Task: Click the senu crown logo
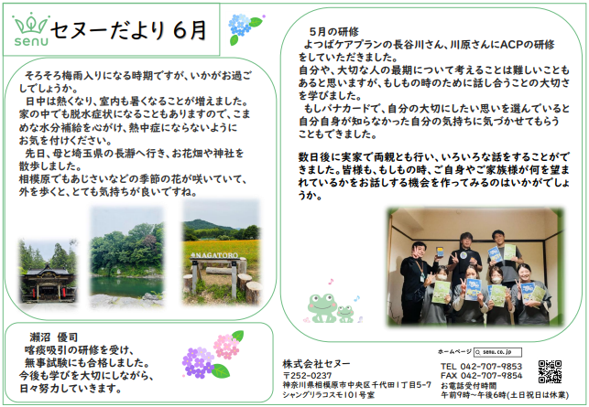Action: coord(31,31)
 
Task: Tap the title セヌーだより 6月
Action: coord(128,30)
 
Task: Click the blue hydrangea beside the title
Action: coord(239,25)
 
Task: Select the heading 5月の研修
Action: coord(333,32)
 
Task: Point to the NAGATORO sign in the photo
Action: coord(215,255)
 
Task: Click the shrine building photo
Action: coord(48,272)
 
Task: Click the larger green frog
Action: coord(322,307)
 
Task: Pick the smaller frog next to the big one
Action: coord(345,314)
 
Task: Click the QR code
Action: coord(550,371)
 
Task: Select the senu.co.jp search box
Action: coord(497,352)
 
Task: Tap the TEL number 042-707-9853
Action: coord(481,366)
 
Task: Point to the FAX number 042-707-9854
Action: coord(481,376)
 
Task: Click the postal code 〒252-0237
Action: coord(308,376)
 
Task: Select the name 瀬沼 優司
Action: coord(54,337)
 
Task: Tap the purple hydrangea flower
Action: coord(198,361)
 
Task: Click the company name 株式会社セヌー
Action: coord(316,363)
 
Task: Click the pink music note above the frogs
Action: coord(331,282)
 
